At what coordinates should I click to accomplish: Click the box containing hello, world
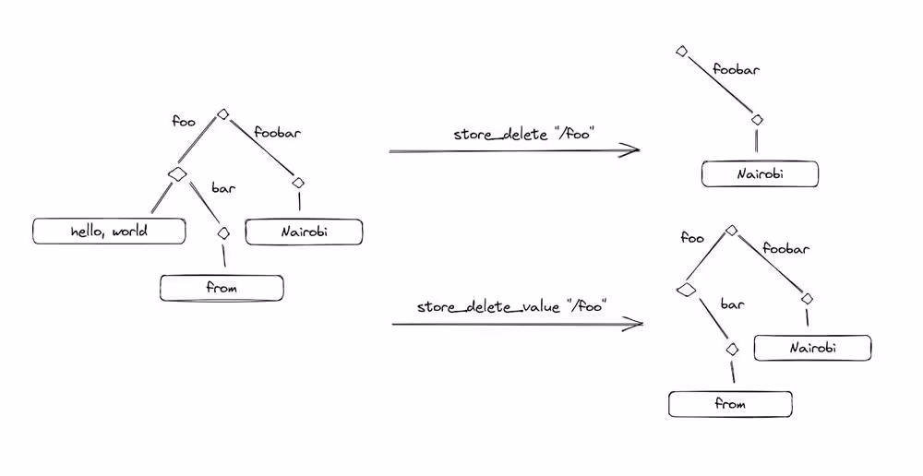tap(109, 231)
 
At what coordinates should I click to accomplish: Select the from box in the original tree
tap(222, 288)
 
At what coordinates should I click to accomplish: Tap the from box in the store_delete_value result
tap(730, 404)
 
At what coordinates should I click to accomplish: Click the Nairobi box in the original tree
tap(303, 231)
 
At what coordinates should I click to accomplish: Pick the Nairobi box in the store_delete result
tap(760, 173)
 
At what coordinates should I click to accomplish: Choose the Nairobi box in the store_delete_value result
tap(812, 348)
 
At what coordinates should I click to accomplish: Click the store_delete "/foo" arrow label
tap(523, 135)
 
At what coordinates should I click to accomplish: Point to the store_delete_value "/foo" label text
tap(510, 306)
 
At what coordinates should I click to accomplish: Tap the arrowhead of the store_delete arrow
tap(636, 149)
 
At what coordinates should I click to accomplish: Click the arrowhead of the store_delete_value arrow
tap(638, 324)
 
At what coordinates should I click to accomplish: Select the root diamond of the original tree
tap(222, 114)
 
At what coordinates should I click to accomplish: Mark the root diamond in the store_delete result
tap(681, 52)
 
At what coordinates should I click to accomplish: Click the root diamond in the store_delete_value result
tap(731, 230)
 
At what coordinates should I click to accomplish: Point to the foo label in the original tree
tap(184, 121)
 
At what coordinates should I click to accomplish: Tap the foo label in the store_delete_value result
tap(691, 238)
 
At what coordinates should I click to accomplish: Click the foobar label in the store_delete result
tap(736, 69)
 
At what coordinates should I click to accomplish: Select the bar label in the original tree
tap(223, 189)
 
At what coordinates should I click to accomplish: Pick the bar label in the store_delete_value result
tap(732, 303)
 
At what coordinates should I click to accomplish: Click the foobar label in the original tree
tap(278, 132)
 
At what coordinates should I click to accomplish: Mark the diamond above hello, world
tap(176, 173)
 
